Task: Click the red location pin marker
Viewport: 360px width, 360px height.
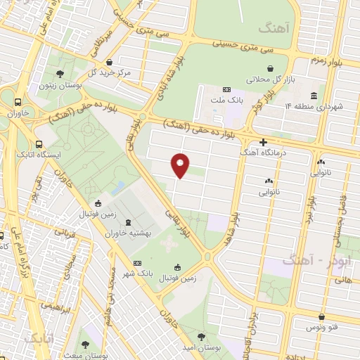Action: (181, 165)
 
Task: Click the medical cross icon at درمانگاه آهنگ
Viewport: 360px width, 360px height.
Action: (263, 142)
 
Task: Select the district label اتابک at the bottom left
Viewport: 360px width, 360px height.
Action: (39, 339)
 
